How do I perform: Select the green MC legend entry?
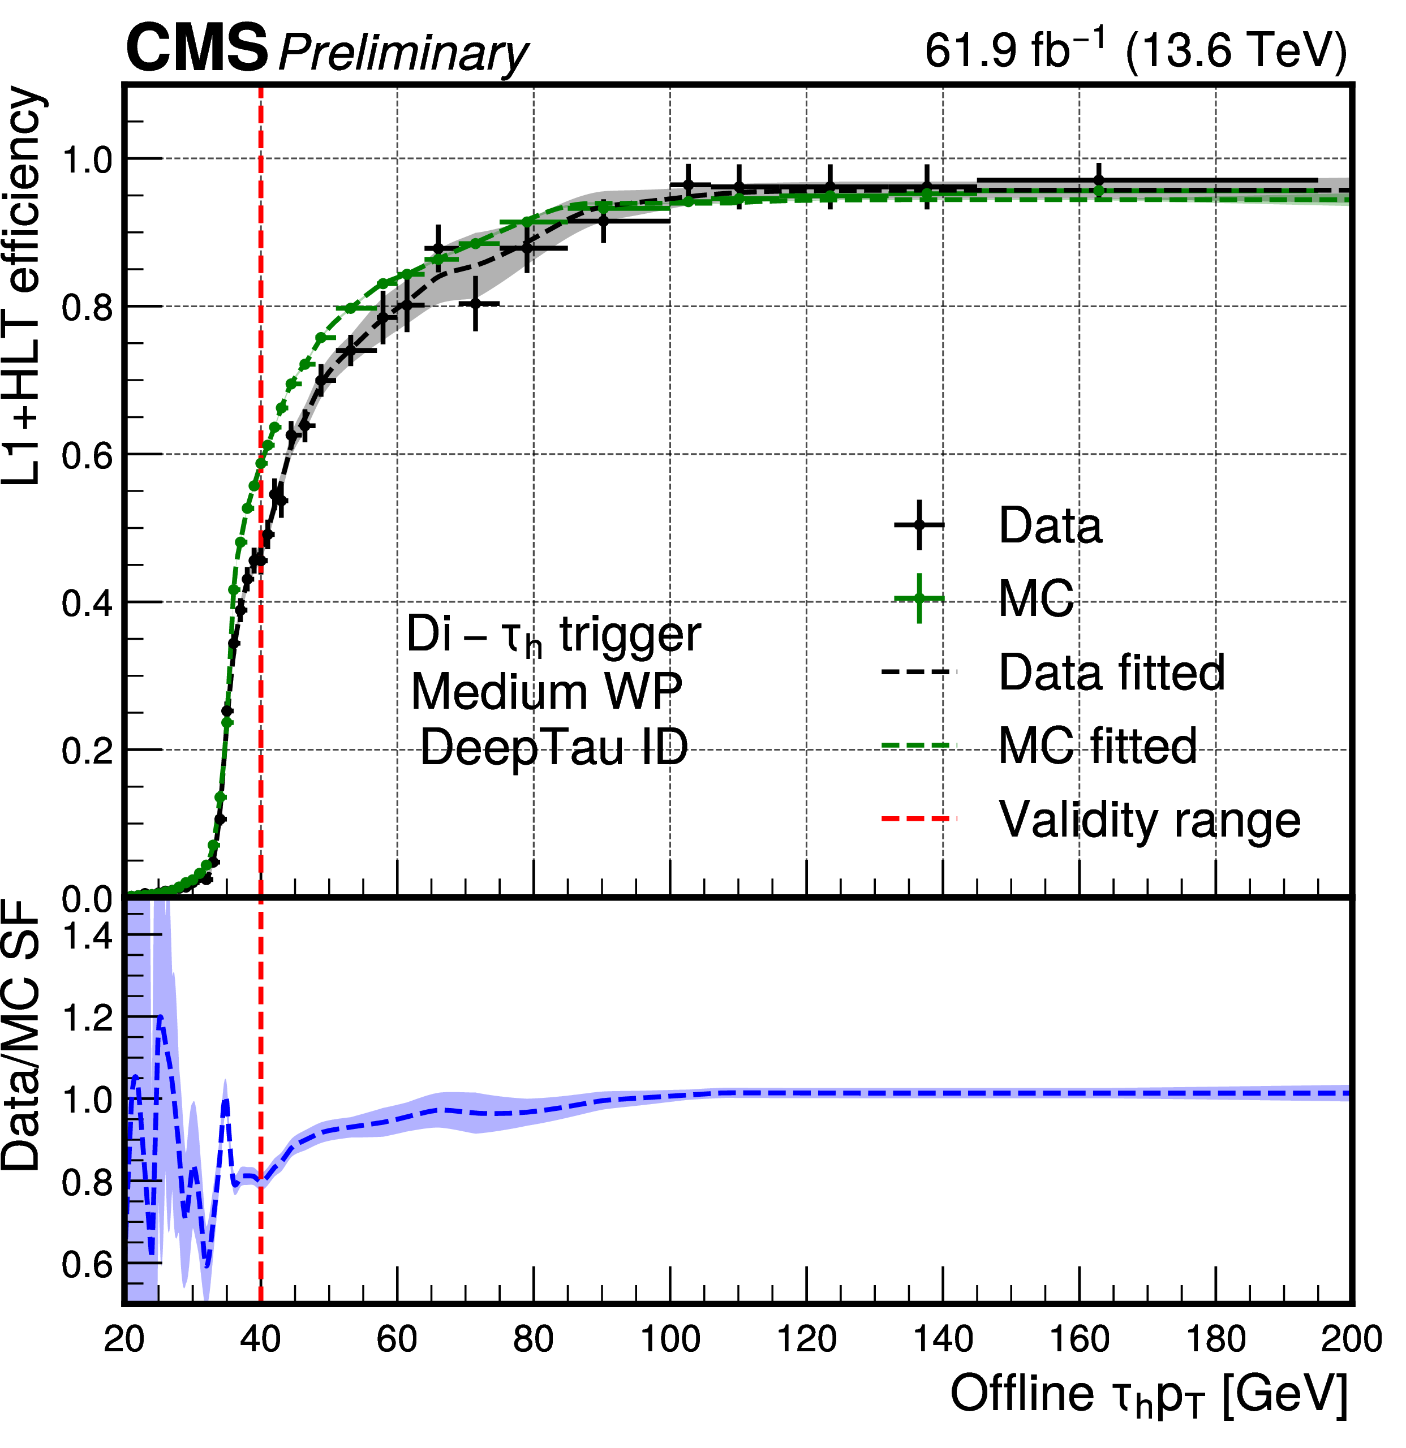tap(1036, 598)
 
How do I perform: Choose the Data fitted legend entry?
tap(1111, 673)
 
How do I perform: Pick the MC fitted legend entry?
tap(1097, 746)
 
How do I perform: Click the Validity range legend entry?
tap(1149, 820)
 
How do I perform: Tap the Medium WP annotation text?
tap(546, 692)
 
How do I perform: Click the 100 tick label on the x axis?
tap(670, 1339)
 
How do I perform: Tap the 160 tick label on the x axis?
tap(1080, 1339)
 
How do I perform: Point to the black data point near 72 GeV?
tap(476, 304)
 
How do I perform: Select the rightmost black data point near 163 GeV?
tap(1099, 179)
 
